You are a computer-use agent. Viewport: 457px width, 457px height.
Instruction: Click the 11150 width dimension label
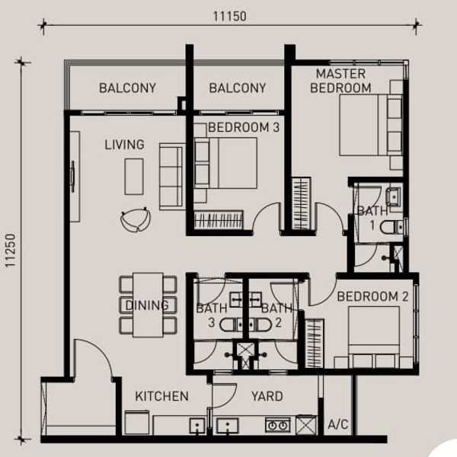click(230, 16)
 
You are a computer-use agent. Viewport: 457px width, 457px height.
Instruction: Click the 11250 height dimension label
click(10, 251)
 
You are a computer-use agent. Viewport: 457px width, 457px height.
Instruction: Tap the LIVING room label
click(124, 145)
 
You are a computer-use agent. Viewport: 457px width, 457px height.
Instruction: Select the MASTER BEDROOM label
click(340, 81)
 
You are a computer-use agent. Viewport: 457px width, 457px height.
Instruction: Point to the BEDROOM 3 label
click(244, 127)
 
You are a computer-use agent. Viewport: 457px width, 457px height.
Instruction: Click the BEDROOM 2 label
click(372, 296)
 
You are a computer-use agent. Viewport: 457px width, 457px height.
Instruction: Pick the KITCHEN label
click(161, 396)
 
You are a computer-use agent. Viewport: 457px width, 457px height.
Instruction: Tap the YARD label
click(267, 396)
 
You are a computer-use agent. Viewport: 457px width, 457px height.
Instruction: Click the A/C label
click(337, 424)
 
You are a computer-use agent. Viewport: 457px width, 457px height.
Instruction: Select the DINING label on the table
click(147, 305)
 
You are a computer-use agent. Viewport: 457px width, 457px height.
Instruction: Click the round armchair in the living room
click(136, 219)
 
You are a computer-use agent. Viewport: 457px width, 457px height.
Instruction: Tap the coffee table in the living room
click(134, 177)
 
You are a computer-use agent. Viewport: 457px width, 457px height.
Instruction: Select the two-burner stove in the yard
click(277, 425)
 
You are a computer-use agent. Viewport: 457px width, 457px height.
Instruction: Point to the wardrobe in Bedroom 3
click(219, 219)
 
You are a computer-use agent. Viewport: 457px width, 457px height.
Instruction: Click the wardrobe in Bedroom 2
click(314, 344)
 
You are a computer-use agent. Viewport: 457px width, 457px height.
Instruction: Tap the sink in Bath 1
click(394, 197)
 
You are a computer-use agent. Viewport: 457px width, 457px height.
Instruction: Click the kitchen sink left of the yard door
click(197, 426)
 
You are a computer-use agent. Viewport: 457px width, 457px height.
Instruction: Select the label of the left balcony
click(127, 88)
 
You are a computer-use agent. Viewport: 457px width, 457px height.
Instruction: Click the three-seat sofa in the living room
click(172, 177)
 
